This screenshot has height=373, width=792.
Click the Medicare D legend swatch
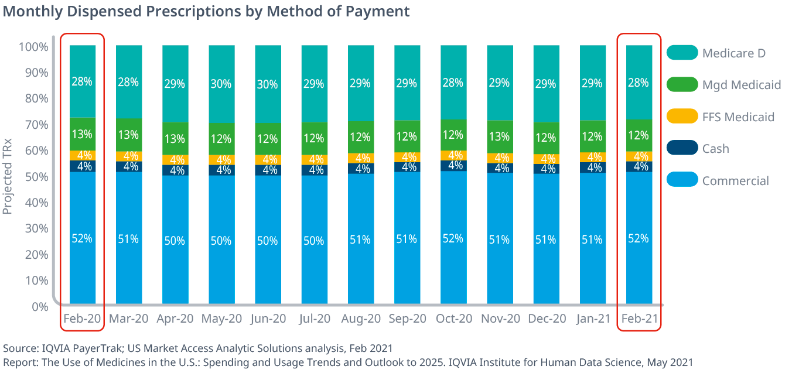coord(682,53)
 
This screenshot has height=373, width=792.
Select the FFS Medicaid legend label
coord(738,117)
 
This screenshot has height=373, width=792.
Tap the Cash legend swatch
coord(682,148)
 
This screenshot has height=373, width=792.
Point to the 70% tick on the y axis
coord(36,125)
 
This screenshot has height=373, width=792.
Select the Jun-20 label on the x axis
coord(268,319)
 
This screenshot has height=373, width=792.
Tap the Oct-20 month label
coord(453,319)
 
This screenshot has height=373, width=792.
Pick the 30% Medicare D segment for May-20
coord(221,84)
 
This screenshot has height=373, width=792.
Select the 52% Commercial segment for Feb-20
coord(82,238)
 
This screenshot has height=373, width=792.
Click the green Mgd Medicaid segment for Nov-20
coord(500,137)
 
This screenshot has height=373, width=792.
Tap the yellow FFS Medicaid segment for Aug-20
coord(360,158)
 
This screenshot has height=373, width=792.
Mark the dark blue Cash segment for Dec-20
coord(546,169)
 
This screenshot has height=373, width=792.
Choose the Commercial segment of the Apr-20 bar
coord(175,240)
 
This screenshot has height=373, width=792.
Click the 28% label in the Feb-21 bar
coord(639,83)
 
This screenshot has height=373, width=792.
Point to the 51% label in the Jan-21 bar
coord(592,239)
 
